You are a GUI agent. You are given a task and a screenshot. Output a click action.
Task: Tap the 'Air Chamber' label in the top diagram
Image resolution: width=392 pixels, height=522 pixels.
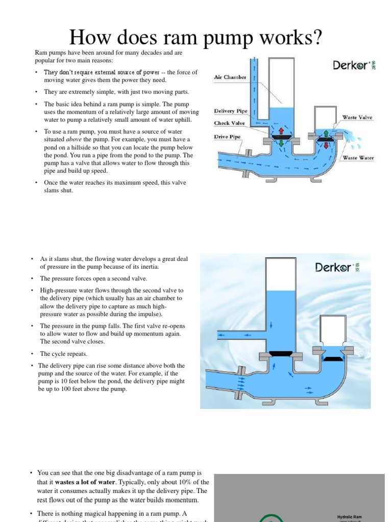pos(230,77)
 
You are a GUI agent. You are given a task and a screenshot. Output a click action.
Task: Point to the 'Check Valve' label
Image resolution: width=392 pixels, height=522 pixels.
pos(229,123)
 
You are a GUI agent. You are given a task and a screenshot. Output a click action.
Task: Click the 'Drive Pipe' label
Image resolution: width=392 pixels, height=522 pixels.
pos(228,137)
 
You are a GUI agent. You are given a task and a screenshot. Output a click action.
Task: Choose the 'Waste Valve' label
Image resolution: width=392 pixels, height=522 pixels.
pos(357,117)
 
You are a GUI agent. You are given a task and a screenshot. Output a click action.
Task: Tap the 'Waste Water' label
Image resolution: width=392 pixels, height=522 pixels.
pos(358,158)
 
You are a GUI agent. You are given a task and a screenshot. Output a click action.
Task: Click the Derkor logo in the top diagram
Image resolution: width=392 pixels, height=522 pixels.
pos(354,65)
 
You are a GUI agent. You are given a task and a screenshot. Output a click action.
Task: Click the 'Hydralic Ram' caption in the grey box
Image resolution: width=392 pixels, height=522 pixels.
pos(350,516)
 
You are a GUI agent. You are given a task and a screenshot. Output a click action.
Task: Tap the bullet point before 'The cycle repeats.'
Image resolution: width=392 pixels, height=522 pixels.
pos(32,354)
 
